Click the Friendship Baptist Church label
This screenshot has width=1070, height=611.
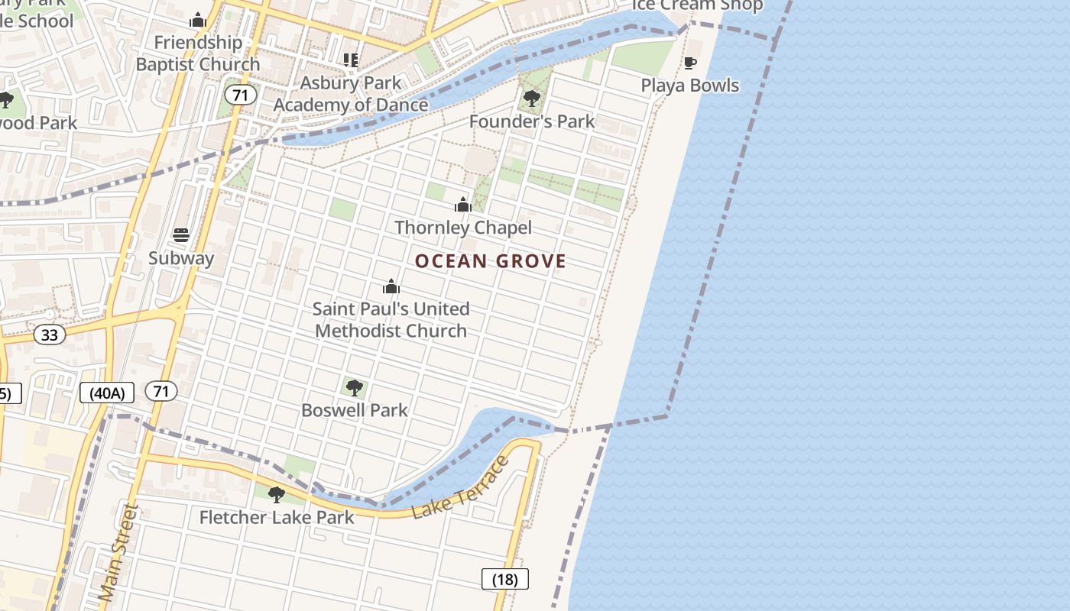198,53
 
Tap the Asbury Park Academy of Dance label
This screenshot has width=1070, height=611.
351,93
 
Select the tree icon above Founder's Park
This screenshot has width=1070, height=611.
532,99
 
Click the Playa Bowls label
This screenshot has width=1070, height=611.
690,85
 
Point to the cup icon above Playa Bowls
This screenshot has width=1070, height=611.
690,63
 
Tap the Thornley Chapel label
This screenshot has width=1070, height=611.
463,227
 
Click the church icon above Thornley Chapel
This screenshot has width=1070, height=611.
463,204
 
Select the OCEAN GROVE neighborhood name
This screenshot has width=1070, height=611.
491,261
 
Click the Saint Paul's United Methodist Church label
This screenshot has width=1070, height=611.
391,319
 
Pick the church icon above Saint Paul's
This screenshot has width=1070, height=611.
391,286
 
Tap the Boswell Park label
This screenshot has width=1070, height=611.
355,409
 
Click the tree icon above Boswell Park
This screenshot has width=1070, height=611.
354,387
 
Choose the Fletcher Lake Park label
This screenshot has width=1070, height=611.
277,517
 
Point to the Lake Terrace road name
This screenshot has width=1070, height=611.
460,487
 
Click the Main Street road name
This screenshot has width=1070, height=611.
119,551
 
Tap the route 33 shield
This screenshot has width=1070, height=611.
50,335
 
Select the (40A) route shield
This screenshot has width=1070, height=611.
107,393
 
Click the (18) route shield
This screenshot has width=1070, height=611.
505,579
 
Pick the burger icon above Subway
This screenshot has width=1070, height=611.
181,234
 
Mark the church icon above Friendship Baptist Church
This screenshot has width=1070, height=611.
198,20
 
